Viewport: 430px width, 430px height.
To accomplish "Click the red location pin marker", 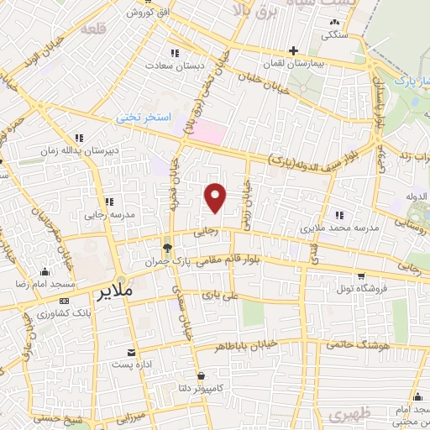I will point(216,197).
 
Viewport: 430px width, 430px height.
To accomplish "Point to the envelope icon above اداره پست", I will point(131,352).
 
